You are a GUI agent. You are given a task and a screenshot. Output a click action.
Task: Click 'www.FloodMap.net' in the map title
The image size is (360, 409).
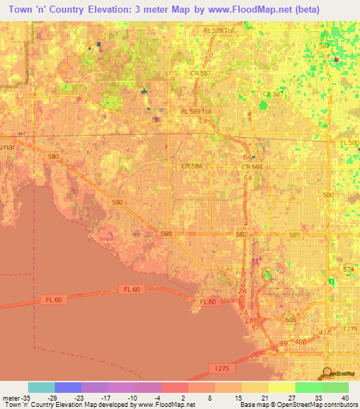tap(240, 10)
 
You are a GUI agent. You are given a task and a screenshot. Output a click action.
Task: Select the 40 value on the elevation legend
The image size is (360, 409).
tap(344, 397)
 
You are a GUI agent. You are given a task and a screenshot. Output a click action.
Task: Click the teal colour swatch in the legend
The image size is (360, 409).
tap(41, 387)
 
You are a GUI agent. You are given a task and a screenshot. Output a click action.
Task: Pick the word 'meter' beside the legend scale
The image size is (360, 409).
tap(11, 397)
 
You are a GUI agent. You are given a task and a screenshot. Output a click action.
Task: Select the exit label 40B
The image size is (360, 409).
tap(301, 342)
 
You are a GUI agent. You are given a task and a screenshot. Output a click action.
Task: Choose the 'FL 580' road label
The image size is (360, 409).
tap(349, 143)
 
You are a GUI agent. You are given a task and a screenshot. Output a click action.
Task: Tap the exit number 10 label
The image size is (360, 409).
tap(208, 56)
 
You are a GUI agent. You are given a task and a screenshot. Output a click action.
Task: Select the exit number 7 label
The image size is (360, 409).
tap(218, 131)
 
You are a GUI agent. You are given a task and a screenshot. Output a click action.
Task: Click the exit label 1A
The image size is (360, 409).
tap(248, 320)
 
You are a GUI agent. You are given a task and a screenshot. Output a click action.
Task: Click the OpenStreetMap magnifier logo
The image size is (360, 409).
tap(328, 372)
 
